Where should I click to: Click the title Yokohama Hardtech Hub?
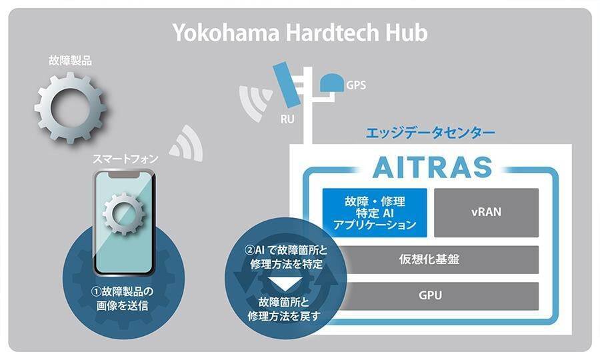[300, 33]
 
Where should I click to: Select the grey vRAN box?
[486, 212]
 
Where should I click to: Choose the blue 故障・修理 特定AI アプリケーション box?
[374, 212]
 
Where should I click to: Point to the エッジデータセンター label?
[430, 133]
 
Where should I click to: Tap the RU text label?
[288, 120]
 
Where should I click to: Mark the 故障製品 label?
[70, 61]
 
